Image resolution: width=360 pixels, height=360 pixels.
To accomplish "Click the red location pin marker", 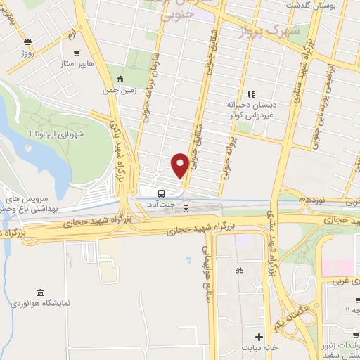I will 180,165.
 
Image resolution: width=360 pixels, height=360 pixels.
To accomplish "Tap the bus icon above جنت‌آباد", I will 162,193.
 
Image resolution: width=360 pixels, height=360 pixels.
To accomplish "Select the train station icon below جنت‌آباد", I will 186,207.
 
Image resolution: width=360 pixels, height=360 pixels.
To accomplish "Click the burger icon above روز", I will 27,42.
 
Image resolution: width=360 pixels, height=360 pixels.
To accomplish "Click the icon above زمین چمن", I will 120,78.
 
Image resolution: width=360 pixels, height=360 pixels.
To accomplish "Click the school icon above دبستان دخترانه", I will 250,94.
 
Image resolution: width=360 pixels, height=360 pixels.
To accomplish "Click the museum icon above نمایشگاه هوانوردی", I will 40,292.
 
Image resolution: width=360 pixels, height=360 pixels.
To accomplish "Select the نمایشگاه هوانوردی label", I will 40,304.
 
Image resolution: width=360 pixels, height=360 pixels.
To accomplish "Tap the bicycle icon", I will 239,270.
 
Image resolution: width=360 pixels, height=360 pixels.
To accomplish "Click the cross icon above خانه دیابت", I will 258,337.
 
